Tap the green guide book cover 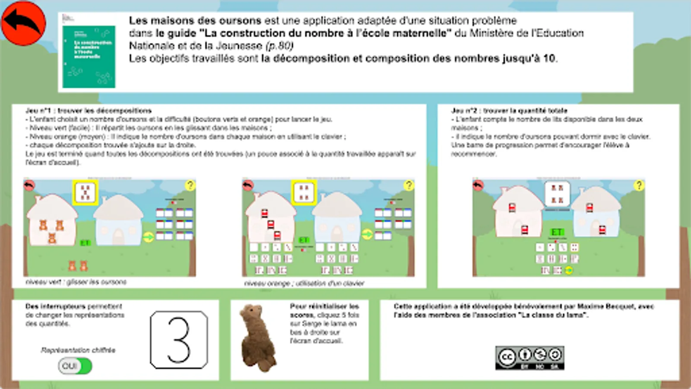[89, 56]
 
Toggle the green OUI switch [75, 366]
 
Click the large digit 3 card [179, 340]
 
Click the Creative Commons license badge [529, 357]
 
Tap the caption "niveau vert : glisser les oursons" [76, 282]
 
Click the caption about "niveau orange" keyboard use [304, 283]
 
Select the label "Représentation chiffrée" [78, 350]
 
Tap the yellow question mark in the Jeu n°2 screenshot [639, 185]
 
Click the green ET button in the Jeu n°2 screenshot [557, 232]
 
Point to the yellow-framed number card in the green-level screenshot [86, 192]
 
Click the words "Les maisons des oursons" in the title [195, 21]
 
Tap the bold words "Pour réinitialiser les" [324, 306]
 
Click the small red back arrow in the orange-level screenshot [248, 185]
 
